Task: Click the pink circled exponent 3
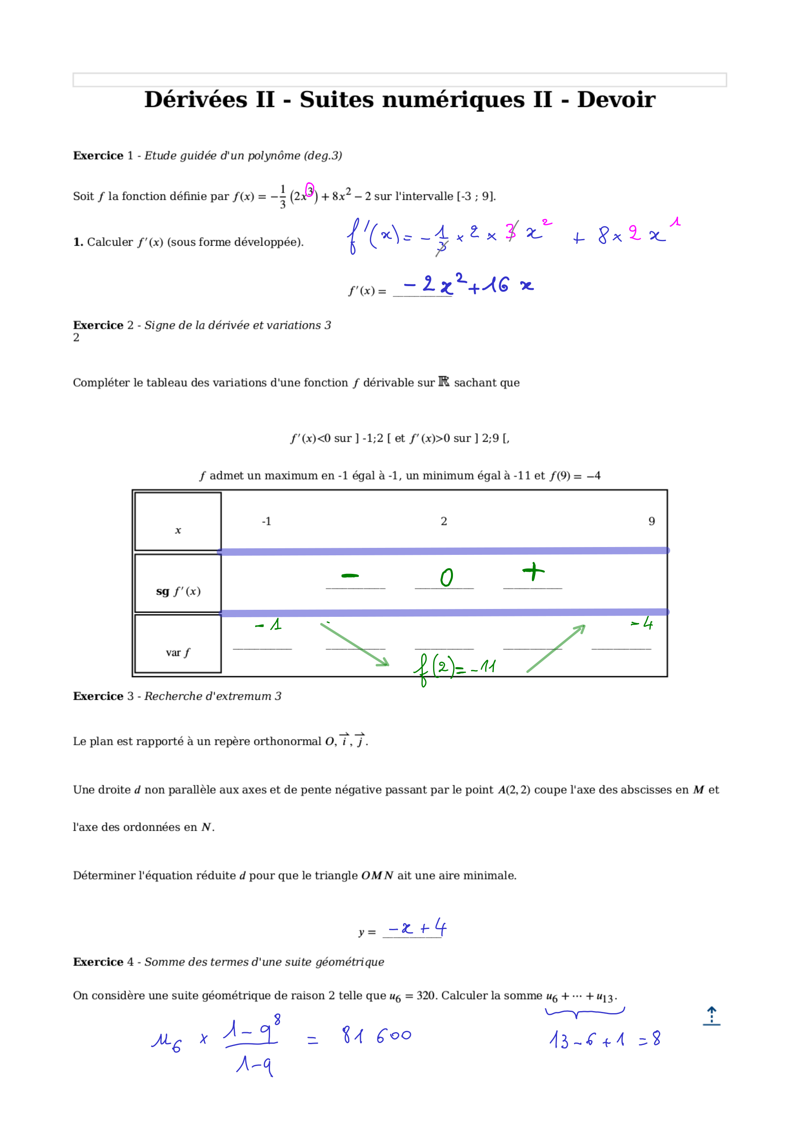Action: (310, 190)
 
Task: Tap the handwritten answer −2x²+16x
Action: (468, 285)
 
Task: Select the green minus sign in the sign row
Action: (350, 575)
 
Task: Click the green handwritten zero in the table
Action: (446, 577)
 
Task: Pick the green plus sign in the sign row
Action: (533, 571)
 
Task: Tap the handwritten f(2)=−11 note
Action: (454, 668)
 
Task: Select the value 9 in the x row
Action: (651, 521)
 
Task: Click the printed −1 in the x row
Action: (266, 521)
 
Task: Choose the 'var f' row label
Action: (178, 653)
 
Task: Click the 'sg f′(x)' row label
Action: (178, 591)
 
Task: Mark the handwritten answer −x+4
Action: (417, 928)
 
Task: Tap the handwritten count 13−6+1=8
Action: (605, 1040)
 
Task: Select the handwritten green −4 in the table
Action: (642, 624)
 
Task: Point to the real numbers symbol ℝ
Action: (443, 382)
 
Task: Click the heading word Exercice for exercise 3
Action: (98, 696)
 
